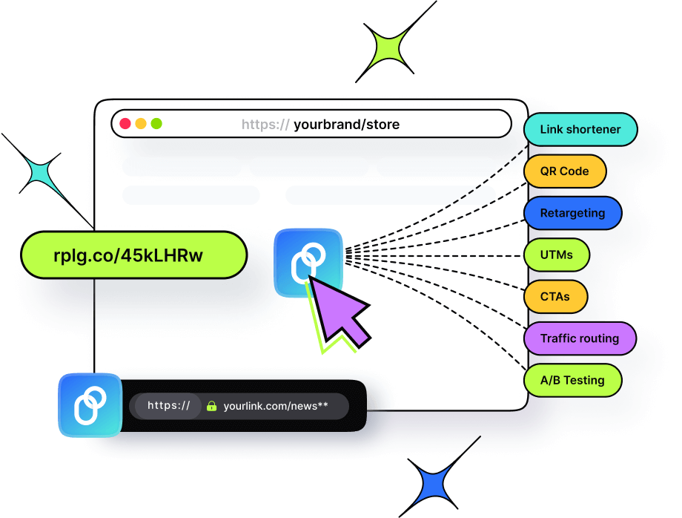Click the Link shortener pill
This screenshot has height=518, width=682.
(580, 129)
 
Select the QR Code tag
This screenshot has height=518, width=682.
(565, 171)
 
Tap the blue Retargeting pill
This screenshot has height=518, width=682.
(572, 213)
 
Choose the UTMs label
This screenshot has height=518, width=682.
(557, 255)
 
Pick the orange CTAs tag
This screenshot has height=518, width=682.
(555, 296)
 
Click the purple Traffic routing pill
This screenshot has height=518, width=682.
(580, 338)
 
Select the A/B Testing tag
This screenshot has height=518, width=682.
(572, 380)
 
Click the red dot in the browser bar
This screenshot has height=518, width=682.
(125, 124)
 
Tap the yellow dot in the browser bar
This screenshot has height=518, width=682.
(141, 124)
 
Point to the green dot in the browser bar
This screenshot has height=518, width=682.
(156, 124)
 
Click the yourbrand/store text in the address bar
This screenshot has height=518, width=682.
(346, 125)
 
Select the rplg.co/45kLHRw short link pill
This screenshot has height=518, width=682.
(133, 255)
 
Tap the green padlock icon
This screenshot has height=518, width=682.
(211, 407)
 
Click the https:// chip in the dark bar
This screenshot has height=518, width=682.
(168, 406)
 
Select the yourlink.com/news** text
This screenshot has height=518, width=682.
(275, 407)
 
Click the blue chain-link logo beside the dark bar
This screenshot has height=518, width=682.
(90, 405)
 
